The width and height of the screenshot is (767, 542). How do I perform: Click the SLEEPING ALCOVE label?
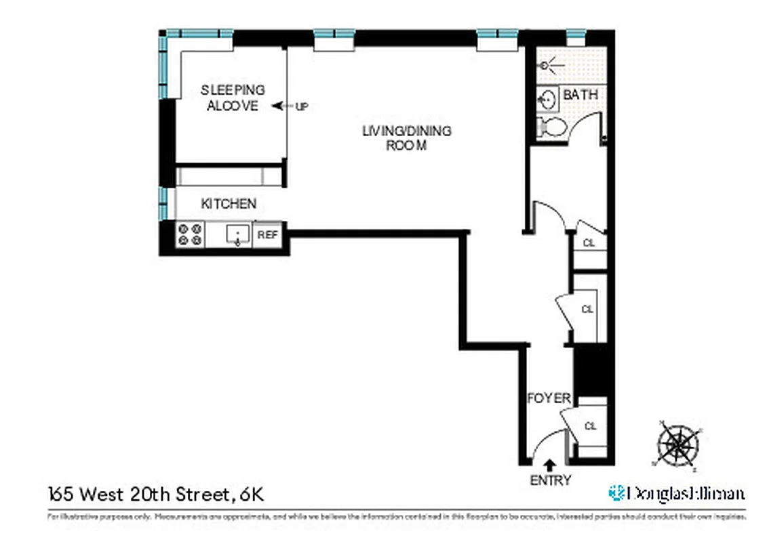point(232,98)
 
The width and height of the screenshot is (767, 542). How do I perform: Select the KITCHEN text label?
point(229,203)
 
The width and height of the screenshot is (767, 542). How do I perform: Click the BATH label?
point(580,94)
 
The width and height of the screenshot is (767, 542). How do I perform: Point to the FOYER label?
point(549,398)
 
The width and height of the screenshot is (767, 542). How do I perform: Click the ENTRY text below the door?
point(550,480)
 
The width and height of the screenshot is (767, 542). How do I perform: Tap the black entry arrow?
point(549,465)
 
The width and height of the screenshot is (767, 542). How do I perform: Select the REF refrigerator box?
point(267,235)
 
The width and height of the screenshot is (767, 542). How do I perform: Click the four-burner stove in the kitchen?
point(191,235)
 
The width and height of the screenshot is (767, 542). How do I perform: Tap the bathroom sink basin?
point(547,100)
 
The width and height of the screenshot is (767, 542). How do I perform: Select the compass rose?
point(677,445)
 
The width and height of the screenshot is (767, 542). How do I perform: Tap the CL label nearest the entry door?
point(590,426)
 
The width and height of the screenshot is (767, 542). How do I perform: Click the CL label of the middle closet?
point(587,309)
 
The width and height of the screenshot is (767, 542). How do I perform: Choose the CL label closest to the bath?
point(589,243)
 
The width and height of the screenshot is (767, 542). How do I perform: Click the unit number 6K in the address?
point(249,495)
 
